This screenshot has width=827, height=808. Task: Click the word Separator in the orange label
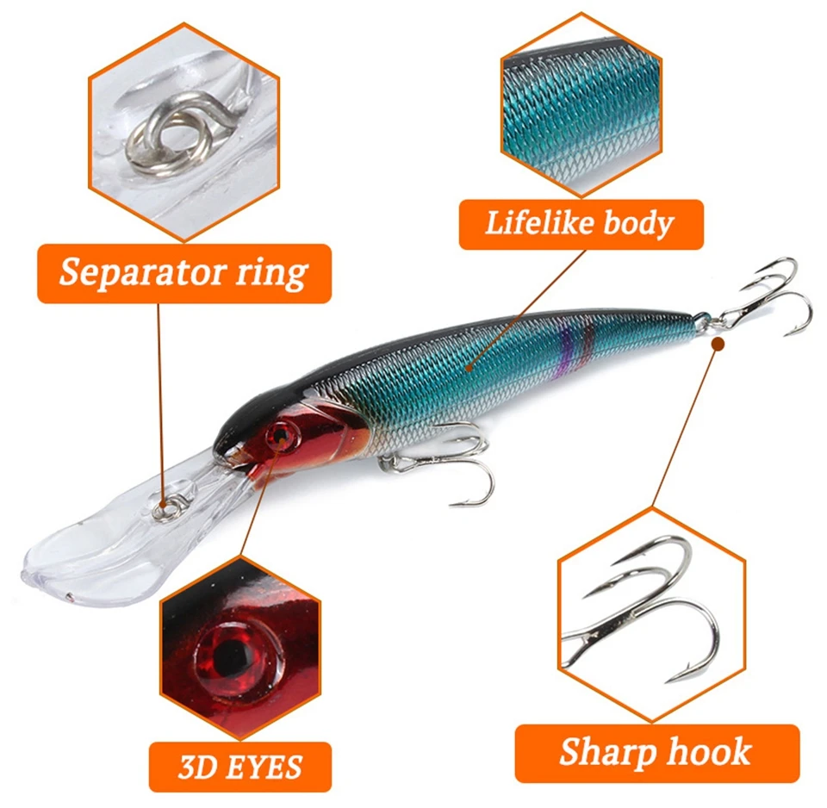coord(142,273)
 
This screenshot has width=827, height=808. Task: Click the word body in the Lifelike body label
coord(638,224)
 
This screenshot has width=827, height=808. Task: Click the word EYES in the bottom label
coord(264,767)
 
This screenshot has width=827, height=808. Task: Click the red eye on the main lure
coord(283,436)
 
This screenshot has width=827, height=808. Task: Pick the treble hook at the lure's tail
coord(760,301)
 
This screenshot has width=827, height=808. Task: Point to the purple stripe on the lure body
coord(568,348)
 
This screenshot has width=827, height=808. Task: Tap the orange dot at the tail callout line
coord(718,345)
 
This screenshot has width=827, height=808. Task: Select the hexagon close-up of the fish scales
coord(581,105)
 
